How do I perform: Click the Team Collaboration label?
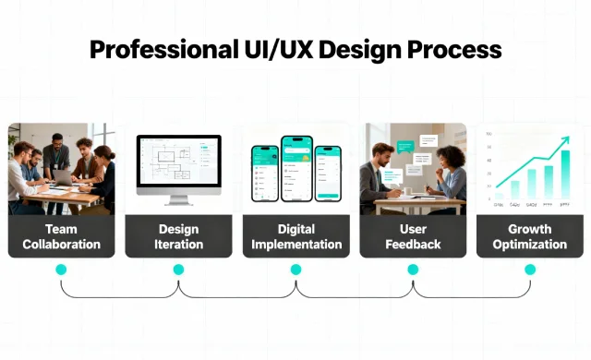pos(61,236)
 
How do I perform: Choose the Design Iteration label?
pos(178,236)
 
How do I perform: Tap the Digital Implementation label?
pos(295,236)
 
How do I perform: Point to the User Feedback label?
pos(413,236)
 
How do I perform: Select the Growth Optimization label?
pos(530,236)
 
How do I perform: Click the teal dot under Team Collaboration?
pos(61,270)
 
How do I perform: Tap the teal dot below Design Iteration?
pos(178,270)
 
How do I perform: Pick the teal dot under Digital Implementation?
pos(295,270)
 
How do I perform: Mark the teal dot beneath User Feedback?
pos(413,270)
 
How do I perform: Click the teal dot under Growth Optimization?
pos(530,270)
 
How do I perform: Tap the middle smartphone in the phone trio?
pos(296,169)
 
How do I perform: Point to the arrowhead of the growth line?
pos(565,140)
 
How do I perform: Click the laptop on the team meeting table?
pos(64,175)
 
